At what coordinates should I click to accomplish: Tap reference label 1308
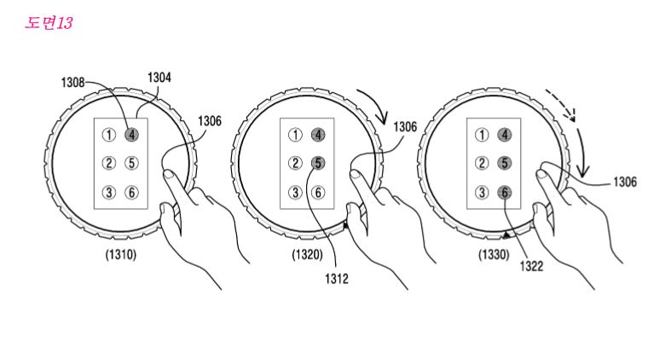74,83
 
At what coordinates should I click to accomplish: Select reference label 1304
159,78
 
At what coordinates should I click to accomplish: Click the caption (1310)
118,254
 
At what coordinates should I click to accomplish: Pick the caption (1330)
494,254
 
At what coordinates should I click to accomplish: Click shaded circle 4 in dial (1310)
131,134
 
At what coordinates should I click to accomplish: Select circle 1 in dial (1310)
108,134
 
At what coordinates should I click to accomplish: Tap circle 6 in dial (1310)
131,192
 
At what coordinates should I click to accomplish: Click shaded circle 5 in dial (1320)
317,163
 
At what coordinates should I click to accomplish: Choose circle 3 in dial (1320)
295,192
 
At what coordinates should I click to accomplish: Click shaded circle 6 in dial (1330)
505,193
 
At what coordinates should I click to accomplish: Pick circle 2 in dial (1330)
482,163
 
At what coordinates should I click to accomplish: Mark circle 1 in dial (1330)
482,134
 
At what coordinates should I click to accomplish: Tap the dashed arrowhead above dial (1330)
575,116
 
